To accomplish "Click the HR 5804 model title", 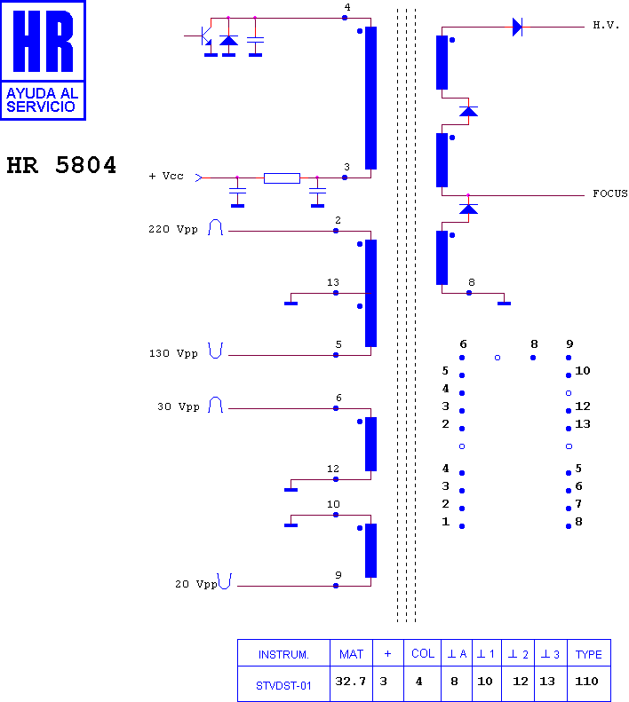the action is pos(61,165).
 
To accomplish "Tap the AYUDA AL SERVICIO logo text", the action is pos(42,99).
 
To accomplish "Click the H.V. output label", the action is pos(606,25).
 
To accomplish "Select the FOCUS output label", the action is pos(610,193).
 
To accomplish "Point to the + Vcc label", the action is pos(166,176).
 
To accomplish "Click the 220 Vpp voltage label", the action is pos(173,229).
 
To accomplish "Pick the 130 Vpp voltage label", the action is pos(173,353).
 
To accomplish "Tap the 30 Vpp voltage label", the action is pos(178,406).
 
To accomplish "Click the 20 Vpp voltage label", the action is pos(196,584).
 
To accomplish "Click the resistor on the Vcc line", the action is pos(282,178).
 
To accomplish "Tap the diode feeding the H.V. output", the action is pos(517,27).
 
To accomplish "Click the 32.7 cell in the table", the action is pos(351,681).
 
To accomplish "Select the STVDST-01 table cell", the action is pos(283,685).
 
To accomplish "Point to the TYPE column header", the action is pos(589,655).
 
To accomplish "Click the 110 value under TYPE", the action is pos(586,681).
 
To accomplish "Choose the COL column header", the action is pos(423,654).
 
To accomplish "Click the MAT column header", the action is pos(351,655).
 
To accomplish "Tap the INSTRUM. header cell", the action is pos(283,655).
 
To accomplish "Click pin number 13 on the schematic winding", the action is pos(332,282).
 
